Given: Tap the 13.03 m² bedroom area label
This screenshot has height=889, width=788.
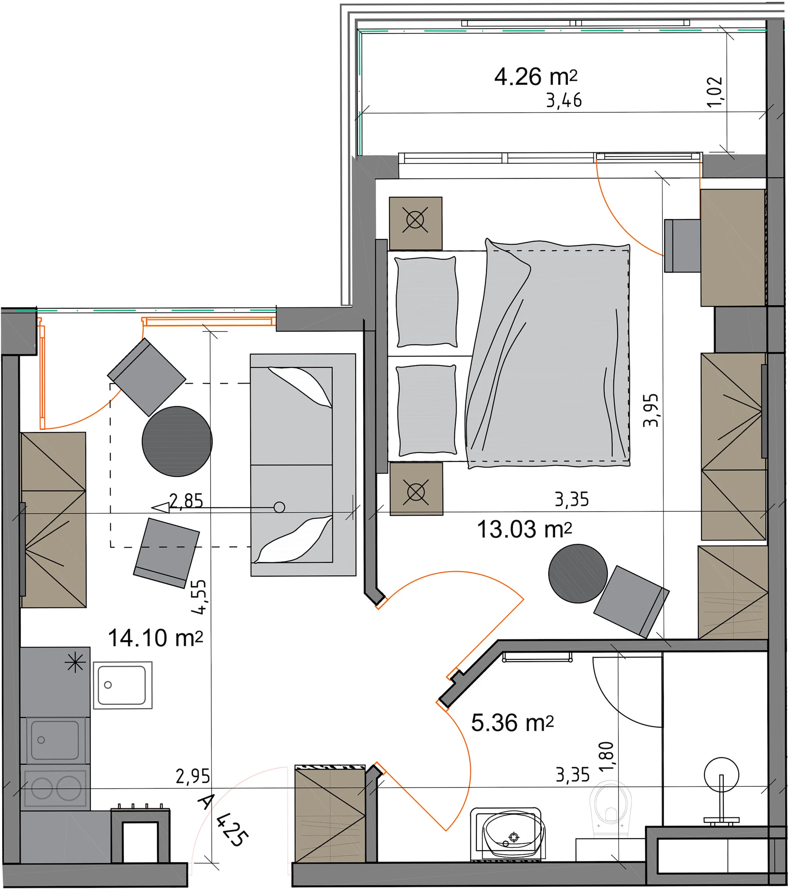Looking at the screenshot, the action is [x=524, y=530].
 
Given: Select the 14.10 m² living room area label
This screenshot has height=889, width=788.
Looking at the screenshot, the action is [x=155, y=638].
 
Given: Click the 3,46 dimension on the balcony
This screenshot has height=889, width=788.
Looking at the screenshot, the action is [x=564, y=100].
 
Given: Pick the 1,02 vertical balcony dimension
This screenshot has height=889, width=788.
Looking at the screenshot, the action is [x=715, y=92].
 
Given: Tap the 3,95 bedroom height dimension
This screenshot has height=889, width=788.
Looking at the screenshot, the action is [x=651, y=410].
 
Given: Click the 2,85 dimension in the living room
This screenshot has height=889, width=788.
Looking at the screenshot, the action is [x=186, y=501].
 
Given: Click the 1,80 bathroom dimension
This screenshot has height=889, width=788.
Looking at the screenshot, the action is [x=606, y=757].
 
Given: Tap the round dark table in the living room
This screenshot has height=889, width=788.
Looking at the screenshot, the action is [x=177, y=441].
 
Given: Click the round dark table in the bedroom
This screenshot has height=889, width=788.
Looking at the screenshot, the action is [x=578, y=574].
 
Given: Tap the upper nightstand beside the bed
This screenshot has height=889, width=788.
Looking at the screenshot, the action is [x=416, y=224].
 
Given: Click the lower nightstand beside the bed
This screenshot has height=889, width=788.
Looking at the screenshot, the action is [x=416, y=489].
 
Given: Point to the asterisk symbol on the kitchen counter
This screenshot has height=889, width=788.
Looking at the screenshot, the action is [x=75, y=663].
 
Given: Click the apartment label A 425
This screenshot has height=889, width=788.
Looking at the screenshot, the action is [x=223, y=820].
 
